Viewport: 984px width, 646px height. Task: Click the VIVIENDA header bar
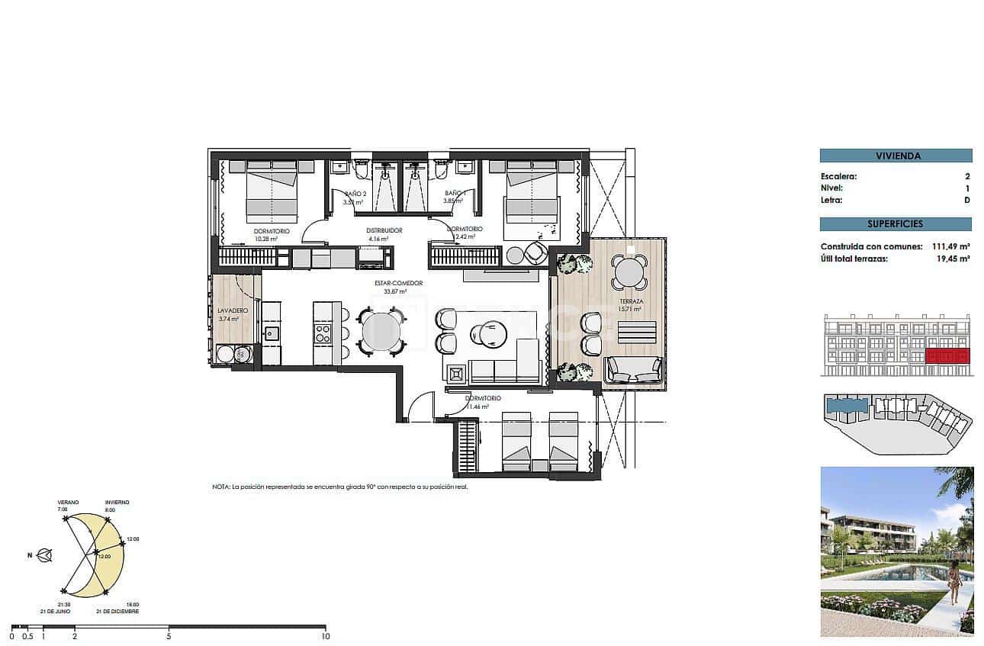point(896,156)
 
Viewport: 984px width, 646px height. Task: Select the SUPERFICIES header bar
point(896,224)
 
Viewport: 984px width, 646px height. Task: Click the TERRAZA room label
point(631,302)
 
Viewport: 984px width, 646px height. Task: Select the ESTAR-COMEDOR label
point(398,283)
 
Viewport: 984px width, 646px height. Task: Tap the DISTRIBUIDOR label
point(384,230)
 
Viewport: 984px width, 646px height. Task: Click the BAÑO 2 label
point(355,194)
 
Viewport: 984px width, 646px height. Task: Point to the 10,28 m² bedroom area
point(265,239)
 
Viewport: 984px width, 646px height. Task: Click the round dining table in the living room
point(380,331)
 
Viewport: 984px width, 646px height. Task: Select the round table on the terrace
point(630,272)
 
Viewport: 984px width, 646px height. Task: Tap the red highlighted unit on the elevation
point(946,355)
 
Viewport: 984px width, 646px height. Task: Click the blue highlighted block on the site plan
point(847,405)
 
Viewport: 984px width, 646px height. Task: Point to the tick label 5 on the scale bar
point(169,636)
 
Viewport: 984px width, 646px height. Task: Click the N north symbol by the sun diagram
point(31,555)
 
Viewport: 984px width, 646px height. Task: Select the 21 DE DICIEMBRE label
point(117,612)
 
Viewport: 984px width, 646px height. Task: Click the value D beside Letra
point(966,201)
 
